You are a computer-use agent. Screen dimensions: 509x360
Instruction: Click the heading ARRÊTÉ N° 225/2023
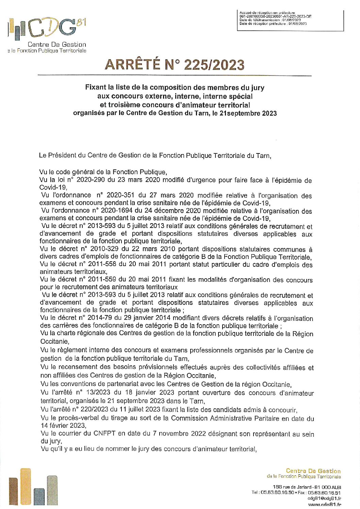(175, 65)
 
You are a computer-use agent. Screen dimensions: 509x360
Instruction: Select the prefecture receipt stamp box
(290, 20)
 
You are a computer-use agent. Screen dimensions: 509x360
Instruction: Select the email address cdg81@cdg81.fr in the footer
(324, 498)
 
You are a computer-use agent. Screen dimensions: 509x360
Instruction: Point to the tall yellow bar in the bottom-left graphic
(26, 487)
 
